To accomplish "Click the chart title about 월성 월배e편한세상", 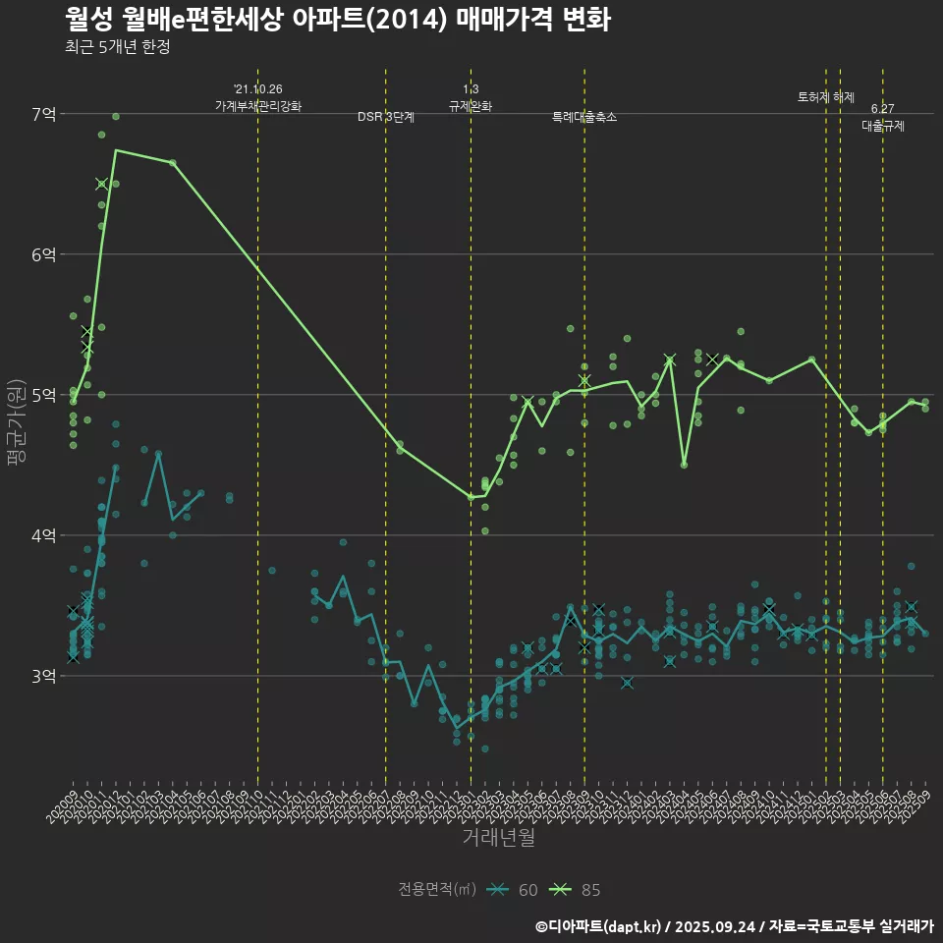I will click(x=338, y=20).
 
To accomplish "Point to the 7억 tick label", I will click(x=44, y=114).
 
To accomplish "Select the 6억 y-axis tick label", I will click(x=44, y=254).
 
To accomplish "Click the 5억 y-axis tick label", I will click(x=44, y=395).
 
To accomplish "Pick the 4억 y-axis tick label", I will click(x=44, y=535).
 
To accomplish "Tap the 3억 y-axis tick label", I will click(x=44, y=676).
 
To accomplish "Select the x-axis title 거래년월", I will click(x=499, y=838).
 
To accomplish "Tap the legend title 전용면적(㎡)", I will click(x=436, y=890).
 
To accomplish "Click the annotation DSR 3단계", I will click(x=386, y=117).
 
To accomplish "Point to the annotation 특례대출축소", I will click(x=584, y=117).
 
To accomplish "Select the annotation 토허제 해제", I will click(x=826, y=97).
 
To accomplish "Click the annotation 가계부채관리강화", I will click(x=258, y=106).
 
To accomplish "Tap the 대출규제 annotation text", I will click(x=883, y=126).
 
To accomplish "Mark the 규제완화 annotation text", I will click(x=471, y=106).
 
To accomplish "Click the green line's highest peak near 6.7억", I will click(x=116, y=150).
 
